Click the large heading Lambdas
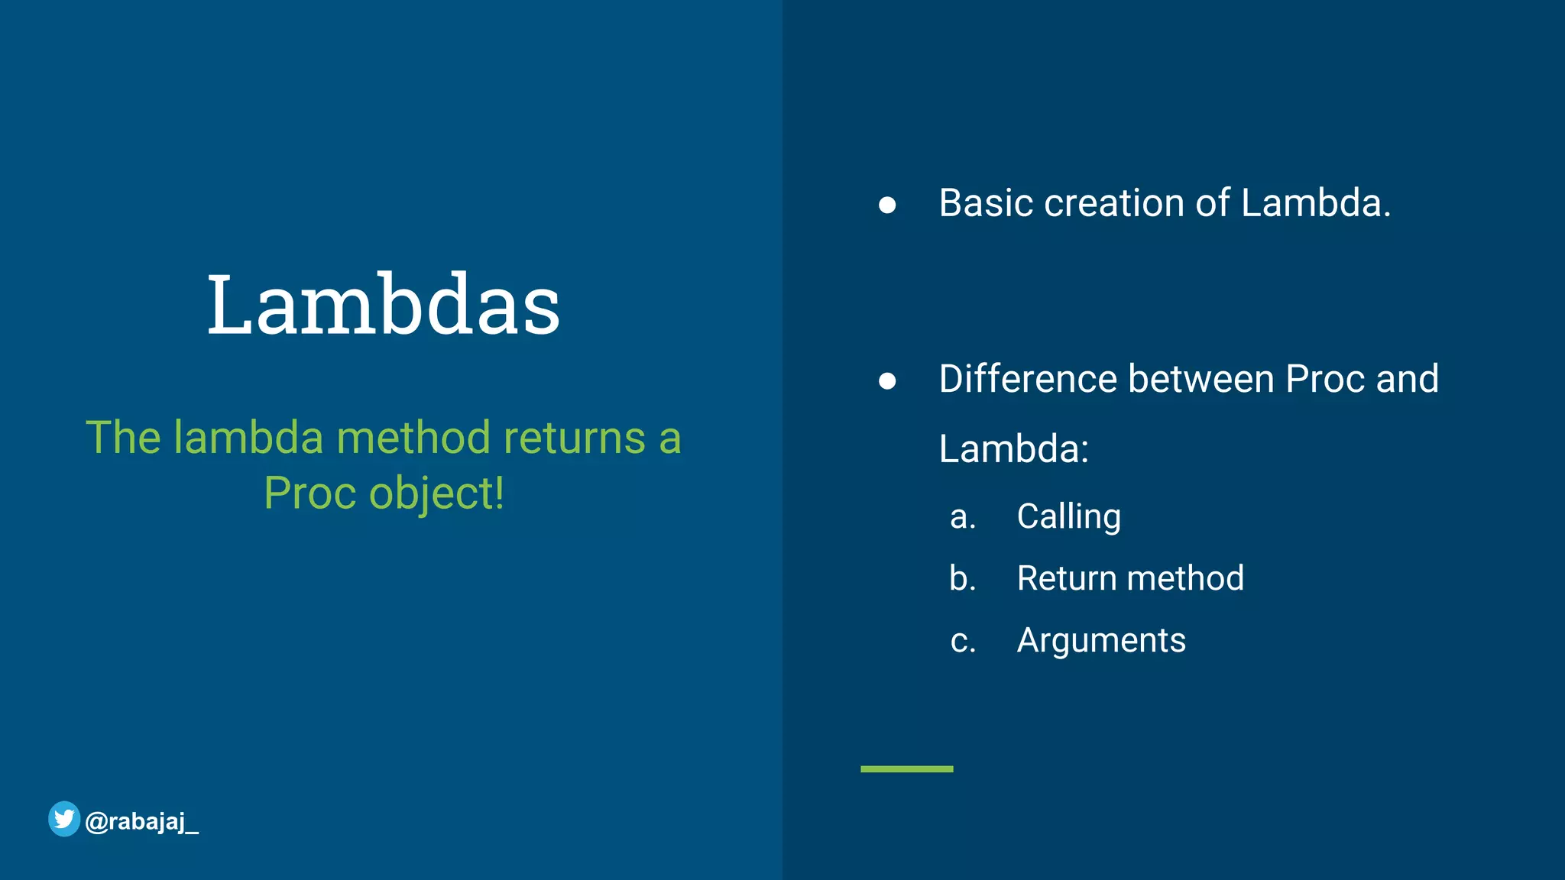point(384,305)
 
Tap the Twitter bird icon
point(64,819)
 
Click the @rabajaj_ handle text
point(142,822)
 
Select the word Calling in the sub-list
point(1068,517)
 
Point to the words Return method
point(1130,578)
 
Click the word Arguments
point(1101,640)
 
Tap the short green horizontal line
point(906,768)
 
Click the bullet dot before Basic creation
point(886,205)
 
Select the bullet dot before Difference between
point(886,380)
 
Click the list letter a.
point(962,518)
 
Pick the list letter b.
point(962,578)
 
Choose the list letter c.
point(962,641)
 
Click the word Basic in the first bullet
point(986,203)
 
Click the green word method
point(413,438)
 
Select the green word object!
point(436,493)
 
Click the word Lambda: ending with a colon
point(1013,448)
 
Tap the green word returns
point(574,438)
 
